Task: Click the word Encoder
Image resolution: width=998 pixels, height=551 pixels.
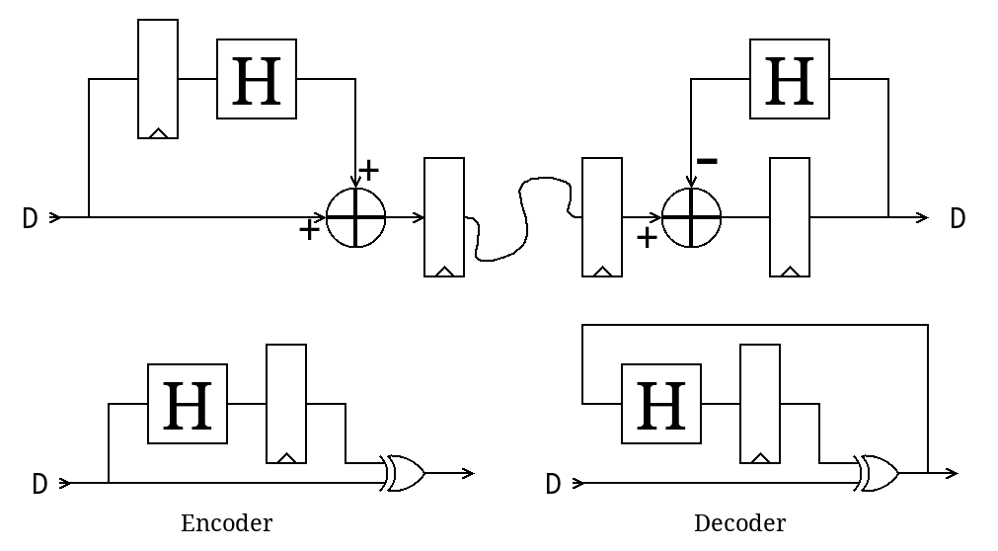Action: click(x=226, y=523)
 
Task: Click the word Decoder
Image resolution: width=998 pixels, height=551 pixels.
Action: click(x=739, y=523)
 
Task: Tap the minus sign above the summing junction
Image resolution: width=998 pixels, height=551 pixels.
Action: click(x=707, y=160)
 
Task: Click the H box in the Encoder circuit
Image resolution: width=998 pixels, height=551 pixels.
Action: click(x=188, y=404)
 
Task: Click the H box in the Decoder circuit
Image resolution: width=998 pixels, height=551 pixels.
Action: click(x=661, y=404)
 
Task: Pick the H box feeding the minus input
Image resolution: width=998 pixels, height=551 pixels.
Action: click(x=790, y=79)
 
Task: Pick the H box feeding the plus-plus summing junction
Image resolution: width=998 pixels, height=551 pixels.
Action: click(x=257, y=79)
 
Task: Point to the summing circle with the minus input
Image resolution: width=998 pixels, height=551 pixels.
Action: click(x=691, y=217)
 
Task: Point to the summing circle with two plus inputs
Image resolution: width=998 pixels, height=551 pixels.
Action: click(x=355, y=217)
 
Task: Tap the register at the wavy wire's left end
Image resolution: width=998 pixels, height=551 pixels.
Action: click(x=444, y=217)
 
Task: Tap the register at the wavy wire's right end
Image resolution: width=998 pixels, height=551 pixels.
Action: click(x=602, y=217)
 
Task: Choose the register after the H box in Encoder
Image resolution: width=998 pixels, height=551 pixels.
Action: click(x=286, y=404)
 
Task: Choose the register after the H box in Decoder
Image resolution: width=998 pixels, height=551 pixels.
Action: click(x=760, y=404)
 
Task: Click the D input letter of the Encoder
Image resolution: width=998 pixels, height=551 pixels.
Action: click(x=39, y=484)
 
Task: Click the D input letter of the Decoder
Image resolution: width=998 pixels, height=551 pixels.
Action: click(x=553, y=484)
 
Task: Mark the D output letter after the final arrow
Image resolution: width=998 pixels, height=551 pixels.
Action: click(x=958, y=218)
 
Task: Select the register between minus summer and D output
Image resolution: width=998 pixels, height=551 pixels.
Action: click(x=790, y=217)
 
